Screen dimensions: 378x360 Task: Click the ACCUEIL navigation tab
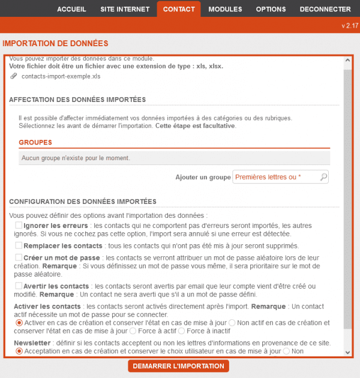click(71, 9)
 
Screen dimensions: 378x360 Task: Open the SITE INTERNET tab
click(125, 9)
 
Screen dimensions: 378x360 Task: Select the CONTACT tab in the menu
click(179, 9)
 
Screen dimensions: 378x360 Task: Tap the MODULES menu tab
click(225, 9)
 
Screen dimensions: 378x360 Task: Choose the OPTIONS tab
click(271, 9)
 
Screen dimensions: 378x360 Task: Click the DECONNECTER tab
click(325, 9)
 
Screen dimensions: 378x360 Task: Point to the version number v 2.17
click(349, 26)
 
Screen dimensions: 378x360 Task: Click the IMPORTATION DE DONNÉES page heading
click(55, 44)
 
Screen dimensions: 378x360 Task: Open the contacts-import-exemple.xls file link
click(61, 77)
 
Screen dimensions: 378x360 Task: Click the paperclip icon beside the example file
click(14, 76)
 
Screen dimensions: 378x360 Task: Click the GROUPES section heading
click(35, 143)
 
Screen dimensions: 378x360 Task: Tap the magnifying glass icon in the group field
click(323, 177)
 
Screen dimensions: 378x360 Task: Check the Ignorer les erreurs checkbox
click(19, 225)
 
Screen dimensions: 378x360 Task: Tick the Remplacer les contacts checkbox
click(19, 245)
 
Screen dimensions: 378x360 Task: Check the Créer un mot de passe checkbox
click(19, 257)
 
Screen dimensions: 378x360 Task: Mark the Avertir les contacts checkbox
click(19, 286)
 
